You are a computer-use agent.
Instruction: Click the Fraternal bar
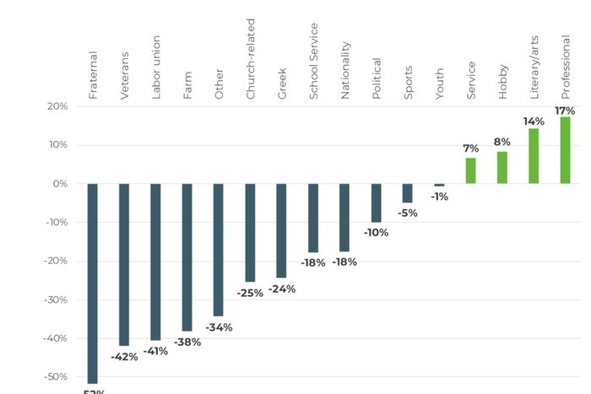click(92, 283)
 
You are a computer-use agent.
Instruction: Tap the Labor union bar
click(155, 262)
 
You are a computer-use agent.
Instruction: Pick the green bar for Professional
click(565, 149)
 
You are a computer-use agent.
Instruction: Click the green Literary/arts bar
click(534, 155)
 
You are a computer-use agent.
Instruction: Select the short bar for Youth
click(439, 185)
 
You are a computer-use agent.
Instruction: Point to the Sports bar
click(408, 193)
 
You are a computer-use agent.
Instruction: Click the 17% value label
click(565, 111)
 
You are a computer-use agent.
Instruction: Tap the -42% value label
click(124, 356)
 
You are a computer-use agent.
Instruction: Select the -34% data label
click(219, 327)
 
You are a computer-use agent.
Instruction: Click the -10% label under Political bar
click(376, 232)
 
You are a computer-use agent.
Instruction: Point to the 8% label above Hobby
click(502, 142)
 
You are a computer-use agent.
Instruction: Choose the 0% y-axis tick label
click(60, 183)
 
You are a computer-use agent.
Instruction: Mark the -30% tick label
click(55, 300)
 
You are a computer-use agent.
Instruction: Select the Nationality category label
click(345, 70)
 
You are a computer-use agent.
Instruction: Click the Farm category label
click(187, 87)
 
